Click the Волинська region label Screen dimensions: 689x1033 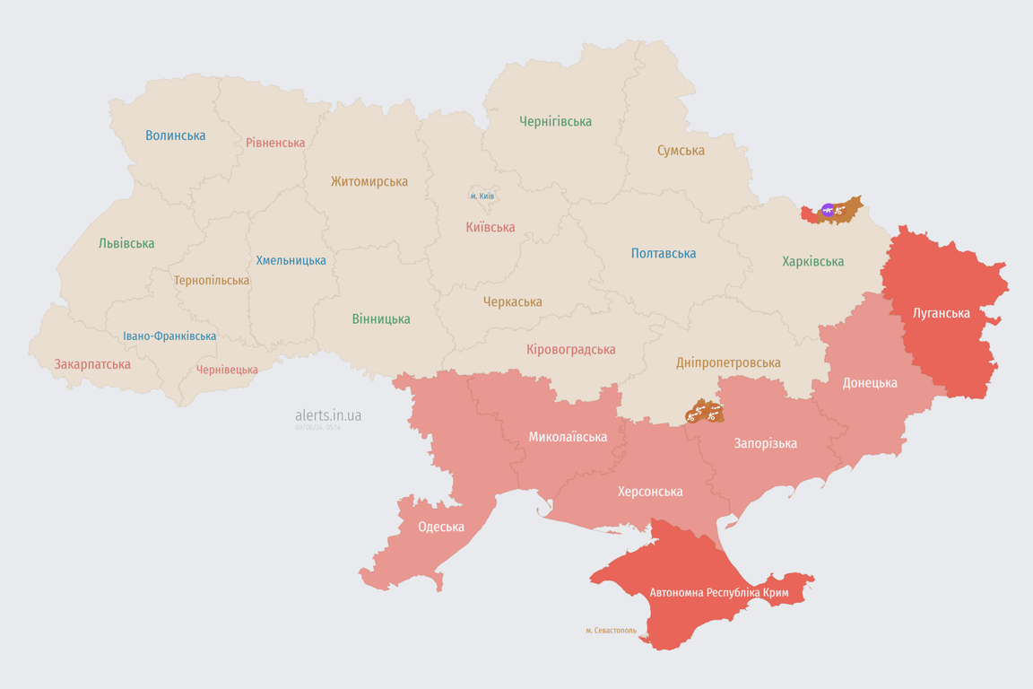click(176, 135)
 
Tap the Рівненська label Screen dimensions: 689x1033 click(275, 143)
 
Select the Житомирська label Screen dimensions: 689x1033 click(369, 181)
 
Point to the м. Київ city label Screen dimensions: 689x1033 click(482, 196)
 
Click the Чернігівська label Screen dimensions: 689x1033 click(555, 121)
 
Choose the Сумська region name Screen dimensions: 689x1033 click(681, 151)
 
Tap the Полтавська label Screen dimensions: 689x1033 click(664, 253)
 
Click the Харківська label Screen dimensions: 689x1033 click(812, 261)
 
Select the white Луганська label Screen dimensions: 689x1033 click(941, 313)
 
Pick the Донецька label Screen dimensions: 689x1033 click(870, 382)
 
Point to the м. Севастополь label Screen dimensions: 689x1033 click(611, 631)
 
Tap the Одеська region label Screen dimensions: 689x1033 click(441, 527)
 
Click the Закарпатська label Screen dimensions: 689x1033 click(92, 364)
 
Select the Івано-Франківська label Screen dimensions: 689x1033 click(169, 336)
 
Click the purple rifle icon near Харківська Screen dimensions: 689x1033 click(828, 211)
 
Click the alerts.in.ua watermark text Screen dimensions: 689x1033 click(328, 415)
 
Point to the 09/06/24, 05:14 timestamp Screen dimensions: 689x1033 click(317, 428)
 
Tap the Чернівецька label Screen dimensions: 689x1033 click(227, 370)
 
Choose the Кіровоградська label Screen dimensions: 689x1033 click(571, 349)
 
